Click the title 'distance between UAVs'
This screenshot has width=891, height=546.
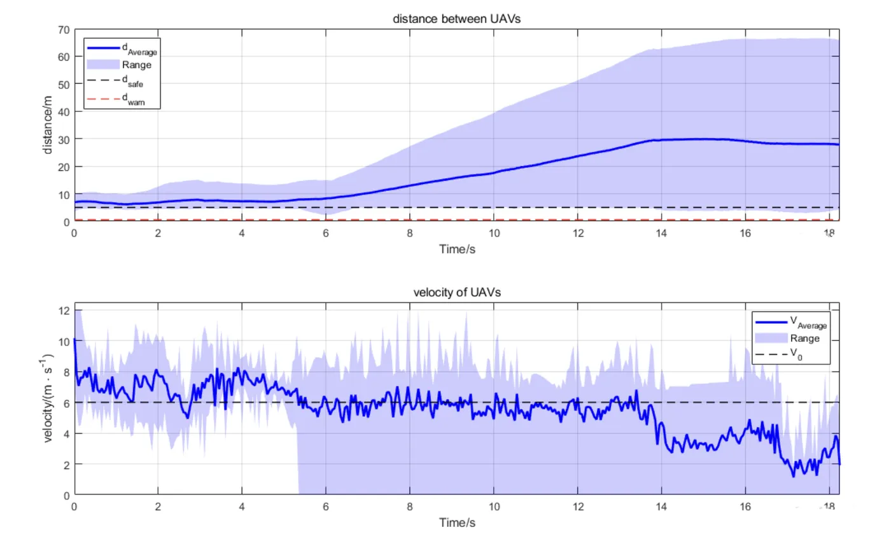(456, 20)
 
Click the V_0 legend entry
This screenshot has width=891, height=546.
(796, 355)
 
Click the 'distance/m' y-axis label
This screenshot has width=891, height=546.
(48, 126)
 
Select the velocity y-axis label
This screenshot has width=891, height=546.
(48, 400)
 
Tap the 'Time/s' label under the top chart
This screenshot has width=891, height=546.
(456, 249)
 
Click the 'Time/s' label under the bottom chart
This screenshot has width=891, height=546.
(456, 522)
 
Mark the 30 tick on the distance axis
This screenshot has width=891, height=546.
(62, 139)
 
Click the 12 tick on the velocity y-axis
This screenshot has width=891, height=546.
(62, 311)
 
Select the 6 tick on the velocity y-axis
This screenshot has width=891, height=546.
(66, 403)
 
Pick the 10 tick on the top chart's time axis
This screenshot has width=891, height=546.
(493, 233)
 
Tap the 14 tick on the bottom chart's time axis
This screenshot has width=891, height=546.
(661, 507)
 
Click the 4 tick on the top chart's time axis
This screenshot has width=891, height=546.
(242, 233)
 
